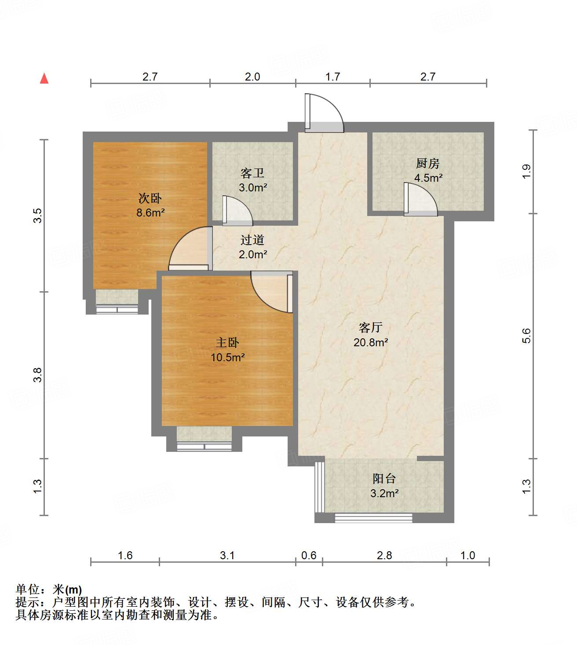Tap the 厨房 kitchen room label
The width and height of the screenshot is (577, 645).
pyautogui.click(x=427, y=163)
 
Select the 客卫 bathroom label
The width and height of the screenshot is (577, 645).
pyautogui.click(x=252, y=173)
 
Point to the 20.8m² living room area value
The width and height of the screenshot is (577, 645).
pyautogui.click(x=371, y=342)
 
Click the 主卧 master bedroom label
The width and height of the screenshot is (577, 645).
pyautogui.click(x=227, y=342)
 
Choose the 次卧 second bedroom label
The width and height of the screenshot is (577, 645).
pyautogui.click(x=150, y=198)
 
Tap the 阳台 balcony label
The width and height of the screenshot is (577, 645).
pyautogui.click(x=384, y=478)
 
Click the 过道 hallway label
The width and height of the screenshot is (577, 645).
pyautogui.click(x=252, y=240)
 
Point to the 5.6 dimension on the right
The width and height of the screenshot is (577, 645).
pyautogui.click(x=526, y=336)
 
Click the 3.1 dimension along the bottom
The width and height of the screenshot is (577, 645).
pyautogui.click(x=227, y=555)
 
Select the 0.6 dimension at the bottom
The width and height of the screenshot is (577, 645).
pyautogui.click(x=309, y=555)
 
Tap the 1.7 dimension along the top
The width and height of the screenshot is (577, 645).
pyautogui.click(x=332, y=77)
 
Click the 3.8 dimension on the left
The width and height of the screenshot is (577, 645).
pyautogui.click(x=38, y=374)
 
